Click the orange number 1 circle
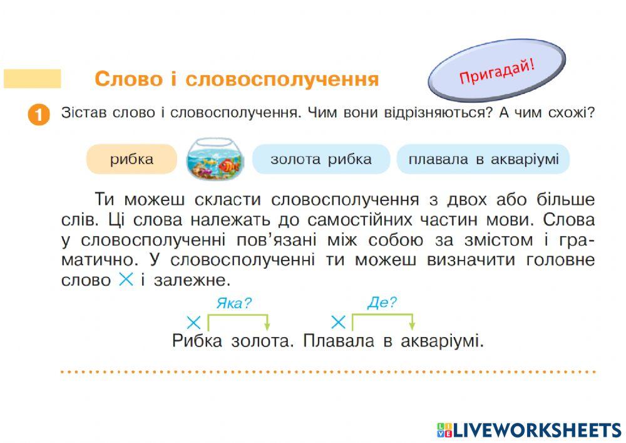pos(39,116)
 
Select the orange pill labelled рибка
pos(132,159)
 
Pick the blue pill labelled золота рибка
pos(321,159)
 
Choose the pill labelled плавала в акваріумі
pos(483,159)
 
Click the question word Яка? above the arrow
pos(234,304)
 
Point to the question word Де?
pos(382,303)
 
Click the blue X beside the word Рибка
pos(194,323)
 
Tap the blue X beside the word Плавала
pos(338,323)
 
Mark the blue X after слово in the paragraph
pos(126,279)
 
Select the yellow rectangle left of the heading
pos(33,79)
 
